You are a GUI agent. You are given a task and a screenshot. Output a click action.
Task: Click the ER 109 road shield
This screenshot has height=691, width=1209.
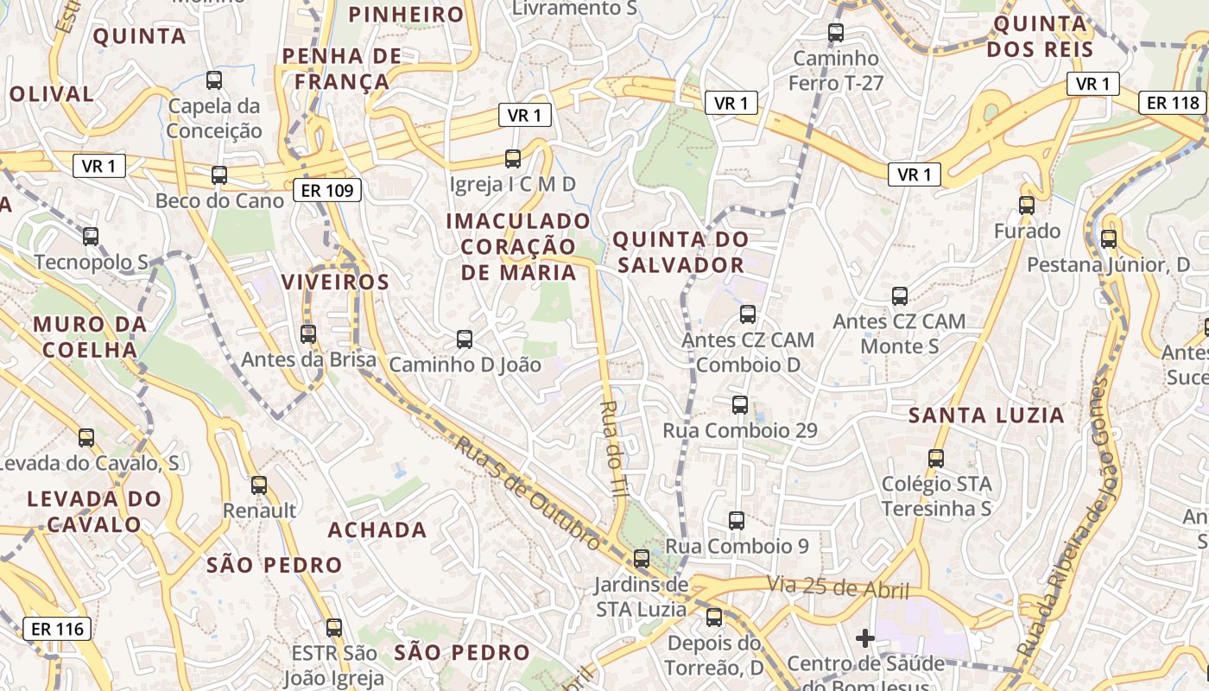pos(328,190)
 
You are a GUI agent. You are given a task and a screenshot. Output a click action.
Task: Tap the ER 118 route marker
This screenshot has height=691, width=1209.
pos(1173,103)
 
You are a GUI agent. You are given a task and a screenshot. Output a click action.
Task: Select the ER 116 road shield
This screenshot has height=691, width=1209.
pos(57,629)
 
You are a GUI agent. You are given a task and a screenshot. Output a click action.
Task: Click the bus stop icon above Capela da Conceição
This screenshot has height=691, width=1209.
pos(214,80)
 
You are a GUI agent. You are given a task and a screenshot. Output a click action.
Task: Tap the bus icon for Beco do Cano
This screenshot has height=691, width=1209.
pos(219,175)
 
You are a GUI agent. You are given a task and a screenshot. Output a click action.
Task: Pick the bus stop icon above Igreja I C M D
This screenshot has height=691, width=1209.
pos(513,158)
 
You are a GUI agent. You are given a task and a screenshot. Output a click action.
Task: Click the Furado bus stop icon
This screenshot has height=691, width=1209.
pos(1026,206)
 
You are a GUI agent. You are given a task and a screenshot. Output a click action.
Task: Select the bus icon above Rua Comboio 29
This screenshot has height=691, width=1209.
pos(739,404)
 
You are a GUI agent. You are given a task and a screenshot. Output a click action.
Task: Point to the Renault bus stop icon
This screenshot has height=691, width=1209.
pos(259,485)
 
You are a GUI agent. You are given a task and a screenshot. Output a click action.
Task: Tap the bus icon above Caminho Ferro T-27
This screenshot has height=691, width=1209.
pos(836,33)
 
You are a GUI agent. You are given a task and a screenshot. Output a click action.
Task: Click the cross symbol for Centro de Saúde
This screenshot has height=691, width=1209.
pos(864,638)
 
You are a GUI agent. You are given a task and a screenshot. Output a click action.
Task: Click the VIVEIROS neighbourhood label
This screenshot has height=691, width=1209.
pos(335,282)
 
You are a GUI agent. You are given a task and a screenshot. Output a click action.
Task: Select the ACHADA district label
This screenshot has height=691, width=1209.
pos(377,529)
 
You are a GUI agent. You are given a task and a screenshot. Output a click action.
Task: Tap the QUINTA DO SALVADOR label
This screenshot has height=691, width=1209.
pos(680,251)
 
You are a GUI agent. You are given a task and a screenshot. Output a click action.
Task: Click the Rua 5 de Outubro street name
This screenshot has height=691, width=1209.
pos(528,493)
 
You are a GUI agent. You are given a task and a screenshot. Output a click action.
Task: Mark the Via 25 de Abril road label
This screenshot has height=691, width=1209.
pos(838,587)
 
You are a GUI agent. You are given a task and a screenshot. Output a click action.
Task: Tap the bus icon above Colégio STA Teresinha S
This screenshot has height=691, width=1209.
pos(936,459)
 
